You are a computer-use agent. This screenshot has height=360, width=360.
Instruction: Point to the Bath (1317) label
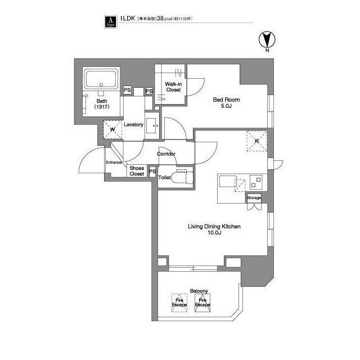click(x=102, y=104)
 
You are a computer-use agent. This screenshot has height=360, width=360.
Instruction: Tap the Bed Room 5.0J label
click(x=223, y=103)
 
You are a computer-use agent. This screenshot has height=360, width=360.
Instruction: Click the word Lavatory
click(x=134, y=124)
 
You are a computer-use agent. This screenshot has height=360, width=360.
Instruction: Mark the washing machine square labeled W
click(x=112, y=129)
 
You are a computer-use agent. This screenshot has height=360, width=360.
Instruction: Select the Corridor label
click(x=166, y=154)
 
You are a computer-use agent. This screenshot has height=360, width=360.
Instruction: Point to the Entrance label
click(x=114, y=163)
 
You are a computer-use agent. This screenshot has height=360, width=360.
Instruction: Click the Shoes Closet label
click(x=137, y=171)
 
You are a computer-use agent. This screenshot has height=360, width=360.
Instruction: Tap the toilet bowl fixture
click(x=181, y=177)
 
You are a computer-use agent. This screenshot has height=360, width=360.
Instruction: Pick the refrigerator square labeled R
click(x=256, y=141)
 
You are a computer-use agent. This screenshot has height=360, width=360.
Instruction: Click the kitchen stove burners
click(x=256, y=182)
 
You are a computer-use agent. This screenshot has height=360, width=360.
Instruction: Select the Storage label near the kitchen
click(x=254, y=198)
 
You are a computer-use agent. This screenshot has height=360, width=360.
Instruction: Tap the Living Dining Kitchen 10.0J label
click(x=214, y=229)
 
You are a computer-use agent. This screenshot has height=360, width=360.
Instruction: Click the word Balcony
click(x=199, y=291)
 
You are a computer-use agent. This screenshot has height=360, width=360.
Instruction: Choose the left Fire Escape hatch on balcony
click(x=179, y=301)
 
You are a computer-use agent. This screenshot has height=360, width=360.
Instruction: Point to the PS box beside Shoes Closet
click(x=152, y=171)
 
